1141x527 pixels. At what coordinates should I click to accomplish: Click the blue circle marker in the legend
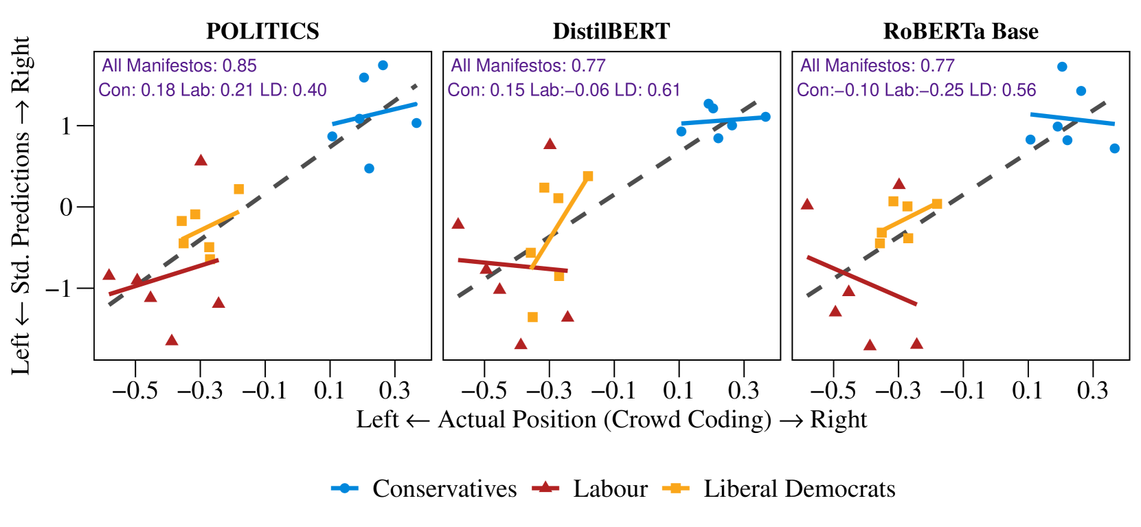(345, 488)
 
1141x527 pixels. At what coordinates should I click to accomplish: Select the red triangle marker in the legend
(545, 487)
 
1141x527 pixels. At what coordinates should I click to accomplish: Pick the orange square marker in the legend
(676, 488)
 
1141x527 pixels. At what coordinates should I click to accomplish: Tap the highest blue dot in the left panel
(383, 65)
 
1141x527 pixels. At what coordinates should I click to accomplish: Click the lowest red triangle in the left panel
(172, 340)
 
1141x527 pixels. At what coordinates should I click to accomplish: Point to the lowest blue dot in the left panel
(370, 168)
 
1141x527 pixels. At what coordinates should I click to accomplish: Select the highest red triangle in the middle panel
(550, 144)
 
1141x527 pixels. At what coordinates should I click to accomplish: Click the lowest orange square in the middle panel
(532, 317)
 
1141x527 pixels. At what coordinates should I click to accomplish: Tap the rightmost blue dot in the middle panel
(765, 117)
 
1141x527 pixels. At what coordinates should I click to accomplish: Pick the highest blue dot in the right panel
(1062, 67)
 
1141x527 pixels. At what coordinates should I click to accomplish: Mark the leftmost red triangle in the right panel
(807, 204)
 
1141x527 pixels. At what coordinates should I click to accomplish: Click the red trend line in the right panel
(861, 280)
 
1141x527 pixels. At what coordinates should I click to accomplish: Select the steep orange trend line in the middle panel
(560, 221)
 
